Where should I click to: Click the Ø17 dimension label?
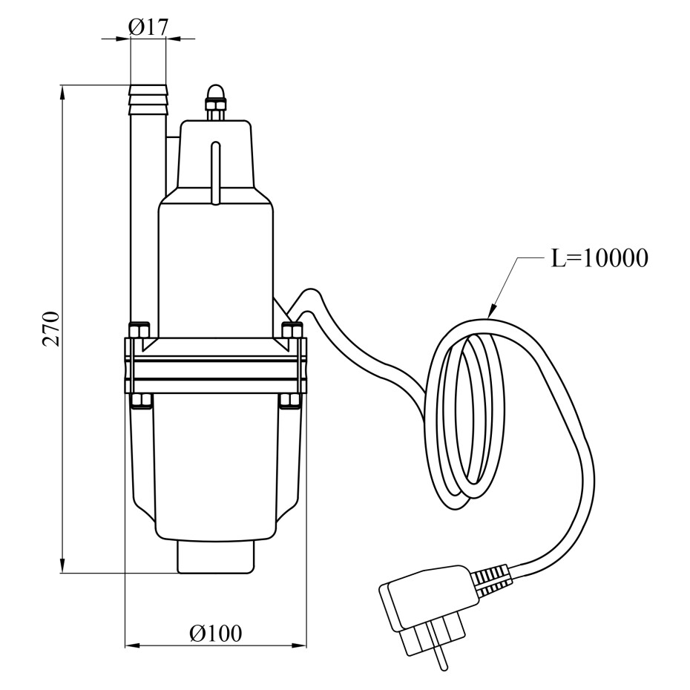pyautogui.click(x=148, y=27)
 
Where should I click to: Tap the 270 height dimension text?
pyautogui.click(x=51, y=329)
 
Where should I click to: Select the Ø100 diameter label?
pyautogui.click(x=216, y=634)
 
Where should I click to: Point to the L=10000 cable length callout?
pyautogui.click(x=599, y=258)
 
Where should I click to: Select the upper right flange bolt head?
pyautogui.click(x=292, y=330)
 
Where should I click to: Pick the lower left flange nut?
pyautogui.click(x=141, y=401)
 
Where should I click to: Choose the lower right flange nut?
pyautogui.click(x=290, y=401)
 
